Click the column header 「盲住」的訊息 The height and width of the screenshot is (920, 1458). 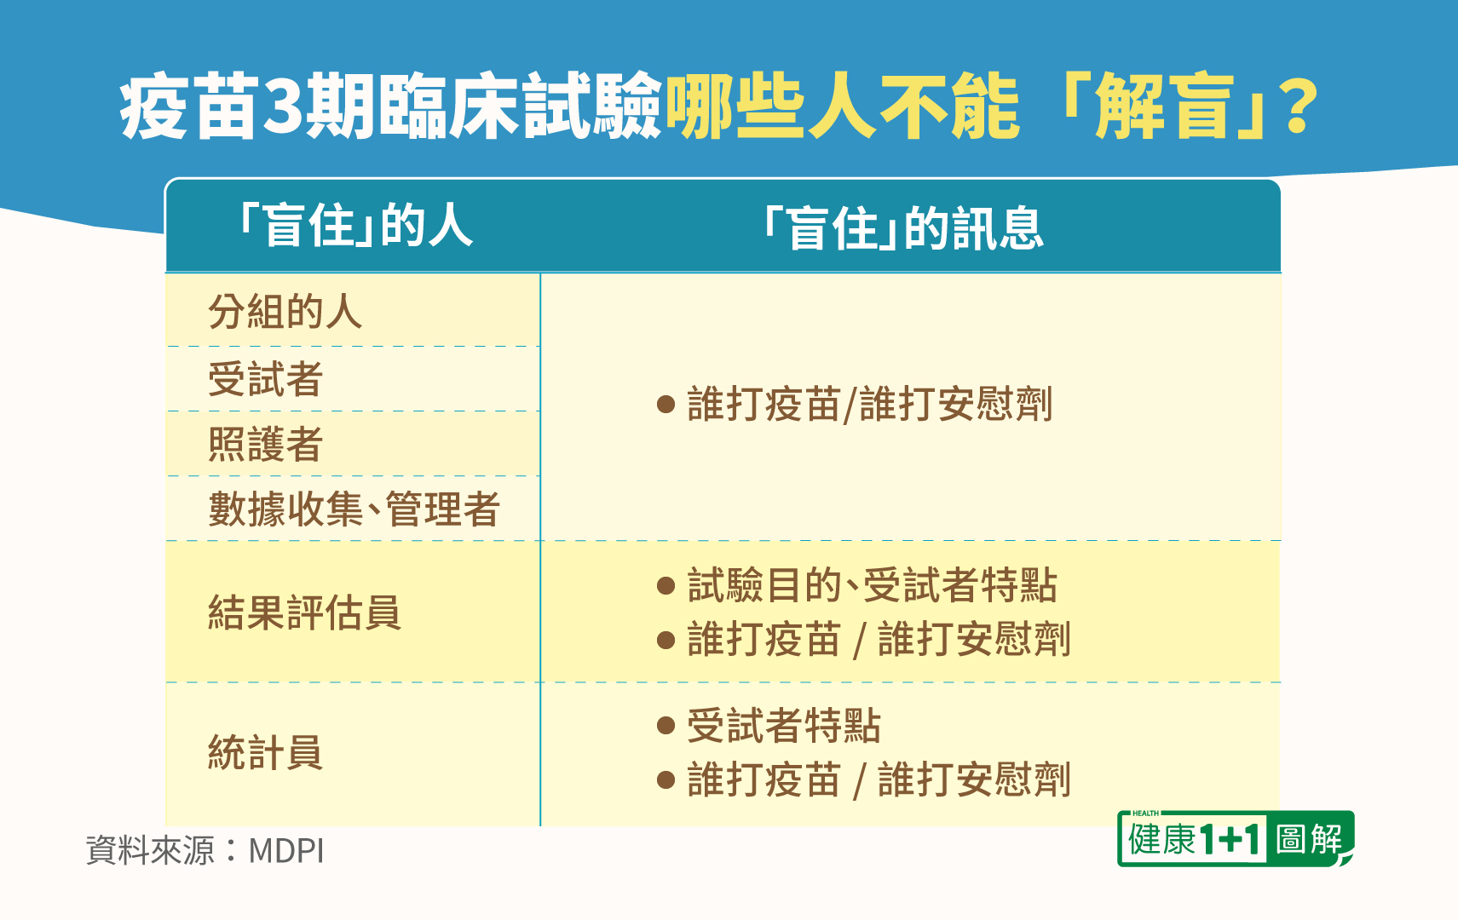click(x=903, y=228)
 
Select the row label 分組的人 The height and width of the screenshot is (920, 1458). click(x=285, y=312)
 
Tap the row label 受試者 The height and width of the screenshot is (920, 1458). click(x=266, y=379)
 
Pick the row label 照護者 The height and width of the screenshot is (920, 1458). click(x=266, y=444)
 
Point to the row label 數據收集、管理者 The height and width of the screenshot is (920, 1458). click(x=354, y=509)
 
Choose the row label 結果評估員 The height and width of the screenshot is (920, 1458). click(x=304, y=612)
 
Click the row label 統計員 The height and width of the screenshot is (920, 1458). click(x=266, y=753)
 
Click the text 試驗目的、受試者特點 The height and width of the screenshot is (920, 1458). click(x=873, y=585)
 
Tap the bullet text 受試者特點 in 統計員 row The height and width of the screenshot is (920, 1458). click(x=784, y=726)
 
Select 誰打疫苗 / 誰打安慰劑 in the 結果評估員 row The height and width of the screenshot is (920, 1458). click(x=879, y=639)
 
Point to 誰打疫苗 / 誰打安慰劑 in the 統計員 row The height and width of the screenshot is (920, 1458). click(x=879, y=779)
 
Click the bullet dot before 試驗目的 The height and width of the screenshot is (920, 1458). click(x=666, y=585)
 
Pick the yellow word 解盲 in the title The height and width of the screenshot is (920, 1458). click(x=1165, y=106)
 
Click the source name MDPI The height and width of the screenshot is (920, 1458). click(x=286, y=850)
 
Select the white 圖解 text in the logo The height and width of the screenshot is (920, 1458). click(x=1308, y=839)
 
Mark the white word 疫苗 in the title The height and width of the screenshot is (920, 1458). click(x=188, y=106)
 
